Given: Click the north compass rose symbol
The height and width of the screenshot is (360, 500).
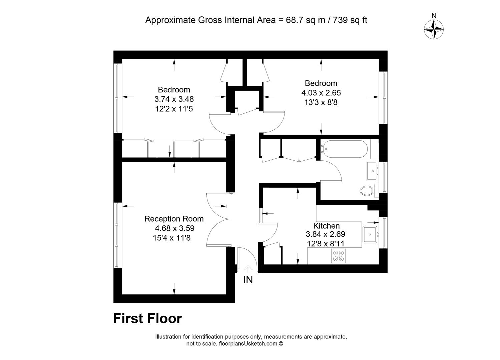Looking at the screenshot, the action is point(434,29).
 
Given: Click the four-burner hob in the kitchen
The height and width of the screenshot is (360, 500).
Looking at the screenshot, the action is point(338,256).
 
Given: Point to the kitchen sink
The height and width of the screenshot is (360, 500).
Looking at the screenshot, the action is point(370,234).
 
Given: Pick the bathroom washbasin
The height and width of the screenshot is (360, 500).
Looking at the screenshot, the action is point(372,171).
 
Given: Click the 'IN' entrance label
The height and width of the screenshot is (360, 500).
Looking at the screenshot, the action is point(248,280).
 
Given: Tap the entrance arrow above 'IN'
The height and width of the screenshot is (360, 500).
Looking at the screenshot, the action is point(248,269).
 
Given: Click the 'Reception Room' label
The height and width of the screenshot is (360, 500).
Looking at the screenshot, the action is point(174,219).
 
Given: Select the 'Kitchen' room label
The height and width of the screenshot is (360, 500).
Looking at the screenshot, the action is point(326,226).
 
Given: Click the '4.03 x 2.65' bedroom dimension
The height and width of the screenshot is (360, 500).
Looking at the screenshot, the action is point(321,93).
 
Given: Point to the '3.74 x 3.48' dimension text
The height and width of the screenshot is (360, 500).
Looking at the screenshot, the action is point(174,99).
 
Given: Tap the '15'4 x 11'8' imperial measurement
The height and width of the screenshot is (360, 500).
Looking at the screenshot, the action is point(172,238).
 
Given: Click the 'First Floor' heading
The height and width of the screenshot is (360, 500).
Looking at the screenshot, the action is point(147,318).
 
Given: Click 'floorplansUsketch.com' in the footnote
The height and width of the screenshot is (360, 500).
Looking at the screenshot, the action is point(248,343).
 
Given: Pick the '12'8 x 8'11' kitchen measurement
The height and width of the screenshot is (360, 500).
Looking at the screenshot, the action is point(326,244).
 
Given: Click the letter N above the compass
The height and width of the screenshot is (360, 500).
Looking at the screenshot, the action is point(434,16).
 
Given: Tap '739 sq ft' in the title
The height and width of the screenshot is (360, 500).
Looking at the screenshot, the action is point(350,20).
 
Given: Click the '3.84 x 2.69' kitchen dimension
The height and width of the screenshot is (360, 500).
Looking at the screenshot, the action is point(326,234).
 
